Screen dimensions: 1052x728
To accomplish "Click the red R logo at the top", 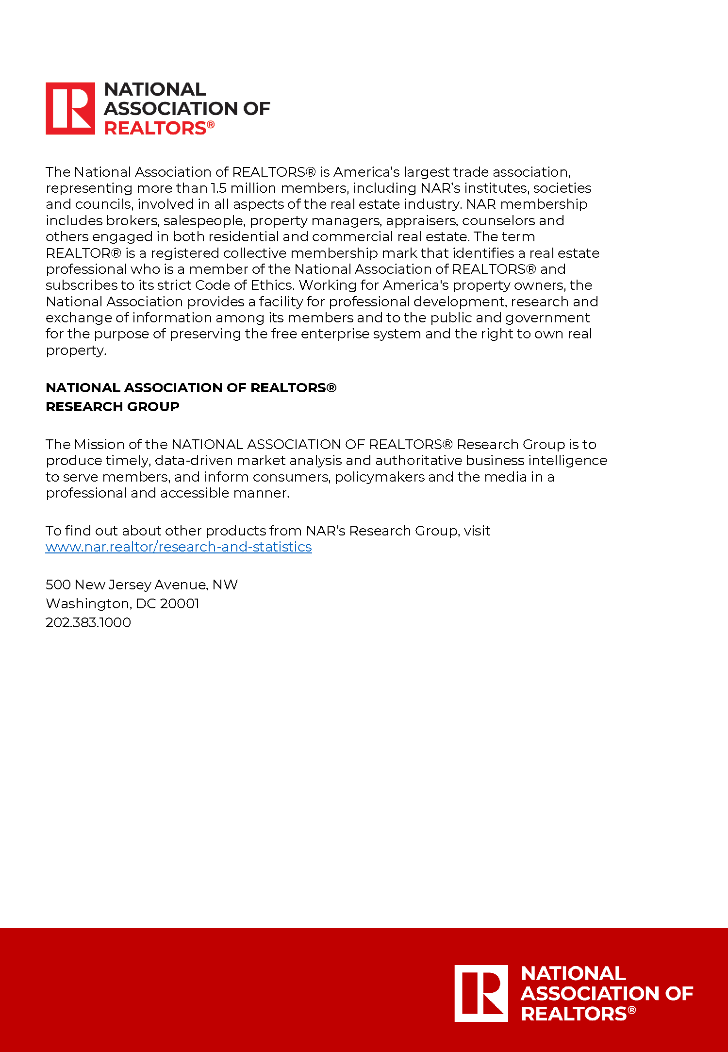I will (70, 108).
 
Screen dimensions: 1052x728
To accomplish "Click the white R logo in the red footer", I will (481, 993).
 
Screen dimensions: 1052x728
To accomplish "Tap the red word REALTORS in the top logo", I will (155, 128).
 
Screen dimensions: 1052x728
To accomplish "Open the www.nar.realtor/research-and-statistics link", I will (179, 547).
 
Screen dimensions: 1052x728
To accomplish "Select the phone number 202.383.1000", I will (88, 622).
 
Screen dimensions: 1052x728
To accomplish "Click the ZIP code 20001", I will (180, 603).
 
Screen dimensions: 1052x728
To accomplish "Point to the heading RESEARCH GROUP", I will (113, 406).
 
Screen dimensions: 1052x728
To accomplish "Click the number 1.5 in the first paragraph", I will (219, 188).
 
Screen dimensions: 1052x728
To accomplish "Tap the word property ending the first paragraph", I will (75, 351).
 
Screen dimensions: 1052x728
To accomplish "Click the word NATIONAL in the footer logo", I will (573, 973).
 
